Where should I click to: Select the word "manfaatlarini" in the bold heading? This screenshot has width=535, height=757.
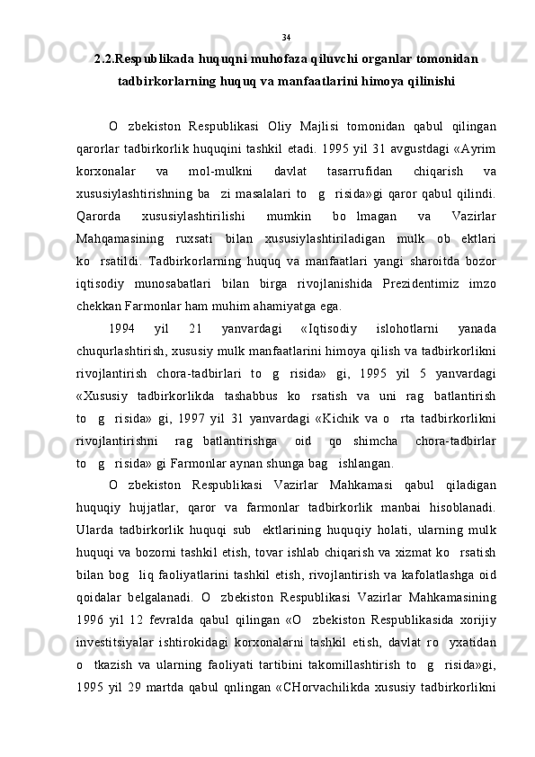(x=333, y=82)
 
